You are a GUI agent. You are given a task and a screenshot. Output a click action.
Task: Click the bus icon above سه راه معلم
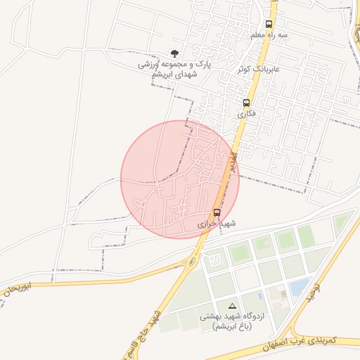(x=269, y=23)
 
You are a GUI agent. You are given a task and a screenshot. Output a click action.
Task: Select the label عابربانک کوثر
(x=277, y=69)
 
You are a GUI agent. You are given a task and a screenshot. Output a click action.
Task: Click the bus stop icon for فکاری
(x=245, y=102)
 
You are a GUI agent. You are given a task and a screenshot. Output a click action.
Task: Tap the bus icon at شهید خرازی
(x=217, y=212)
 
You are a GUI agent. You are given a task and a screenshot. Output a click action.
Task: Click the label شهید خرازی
(x=215, y=223)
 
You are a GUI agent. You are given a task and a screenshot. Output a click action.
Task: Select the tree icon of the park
(x=174, y=53)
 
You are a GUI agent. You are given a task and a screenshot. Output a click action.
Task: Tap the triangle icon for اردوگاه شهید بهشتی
(x=232, y=306)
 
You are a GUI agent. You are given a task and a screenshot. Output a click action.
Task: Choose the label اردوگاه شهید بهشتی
(x=232, y=316)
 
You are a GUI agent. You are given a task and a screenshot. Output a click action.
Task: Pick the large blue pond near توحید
(x=300, y=286)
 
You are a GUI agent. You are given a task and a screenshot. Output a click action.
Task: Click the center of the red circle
(x=180, y=179)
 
